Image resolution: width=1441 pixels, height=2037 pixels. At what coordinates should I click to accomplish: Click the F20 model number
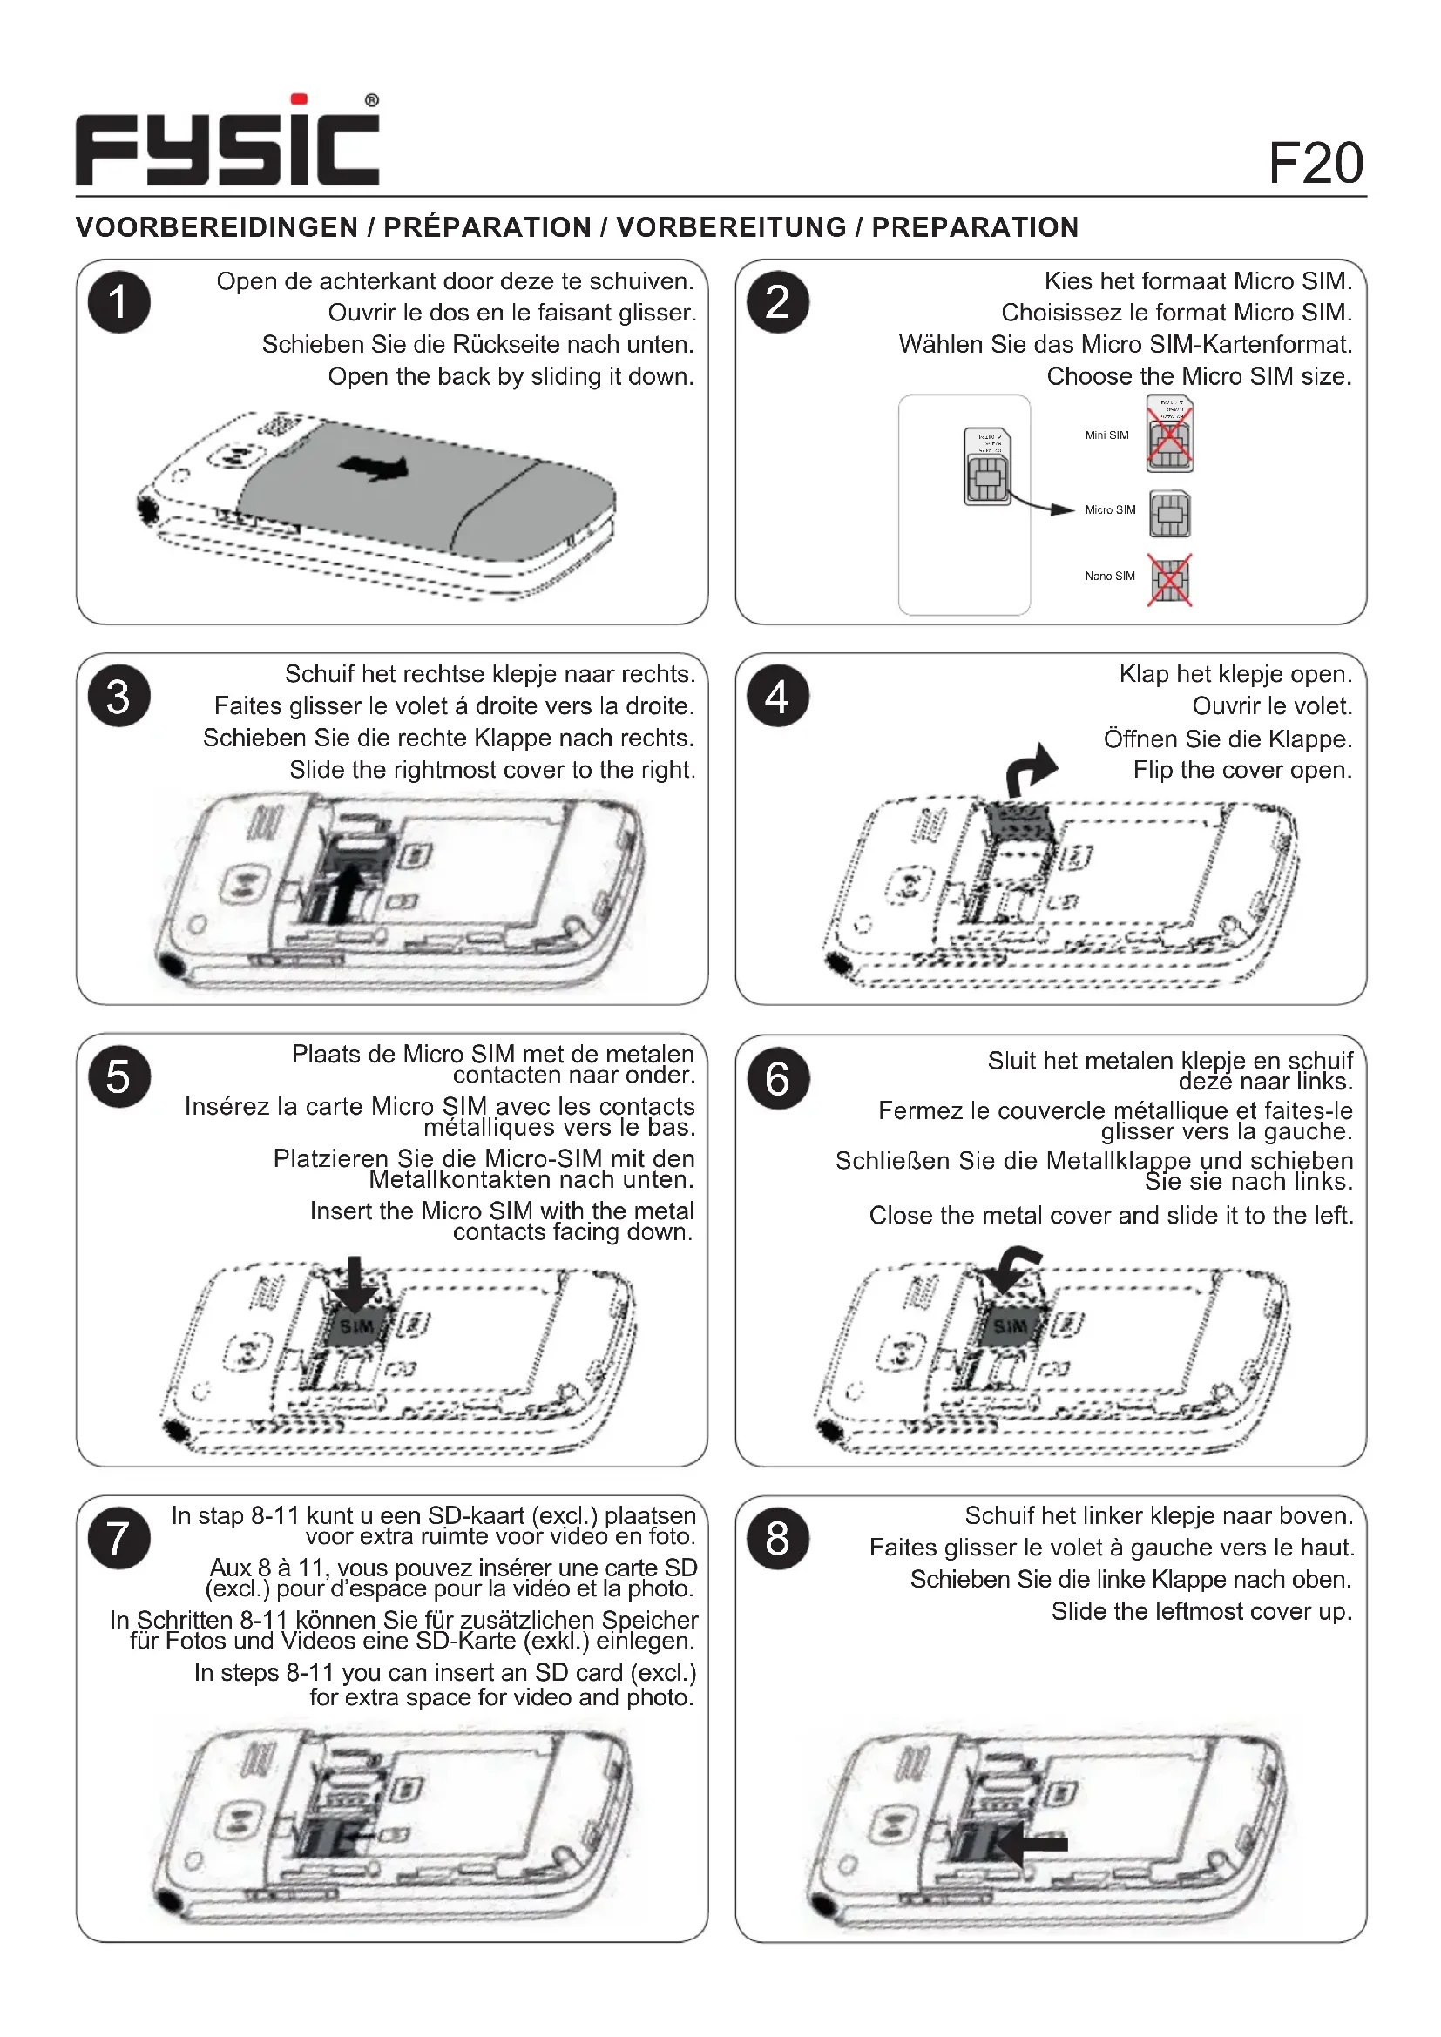1315,163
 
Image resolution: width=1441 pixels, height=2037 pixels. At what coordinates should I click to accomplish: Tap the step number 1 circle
118,302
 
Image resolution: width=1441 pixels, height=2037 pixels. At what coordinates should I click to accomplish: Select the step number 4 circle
777,697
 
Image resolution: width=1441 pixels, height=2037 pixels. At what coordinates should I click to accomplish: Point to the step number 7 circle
118,1537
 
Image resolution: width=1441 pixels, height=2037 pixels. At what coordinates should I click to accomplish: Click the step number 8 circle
777,1537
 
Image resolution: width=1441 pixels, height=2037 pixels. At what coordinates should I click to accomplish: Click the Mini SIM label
1106,435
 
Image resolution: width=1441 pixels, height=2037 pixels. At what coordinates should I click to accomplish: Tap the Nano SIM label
1109,577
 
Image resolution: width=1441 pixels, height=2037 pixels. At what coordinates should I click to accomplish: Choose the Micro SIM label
1110,510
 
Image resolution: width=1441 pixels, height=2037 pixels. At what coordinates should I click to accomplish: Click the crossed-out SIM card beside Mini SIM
1169,435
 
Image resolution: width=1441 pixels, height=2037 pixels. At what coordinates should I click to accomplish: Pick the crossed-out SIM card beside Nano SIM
1169,580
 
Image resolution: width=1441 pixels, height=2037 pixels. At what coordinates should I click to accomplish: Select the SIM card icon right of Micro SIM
1169,515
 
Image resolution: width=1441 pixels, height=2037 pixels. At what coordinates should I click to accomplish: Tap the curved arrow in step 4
1032,768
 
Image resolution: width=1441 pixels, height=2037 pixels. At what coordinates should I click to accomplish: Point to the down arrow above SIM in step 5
355,1283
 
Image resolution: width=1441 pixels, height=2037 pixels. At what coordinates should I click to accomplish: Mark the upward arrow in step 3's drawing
348,893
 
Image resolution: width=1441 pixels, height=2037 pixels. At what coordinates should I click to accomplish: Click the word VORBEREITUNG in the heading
731,228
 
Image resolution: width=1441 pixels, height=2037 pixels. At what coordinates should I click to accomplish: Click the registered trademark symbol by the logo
372,101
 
